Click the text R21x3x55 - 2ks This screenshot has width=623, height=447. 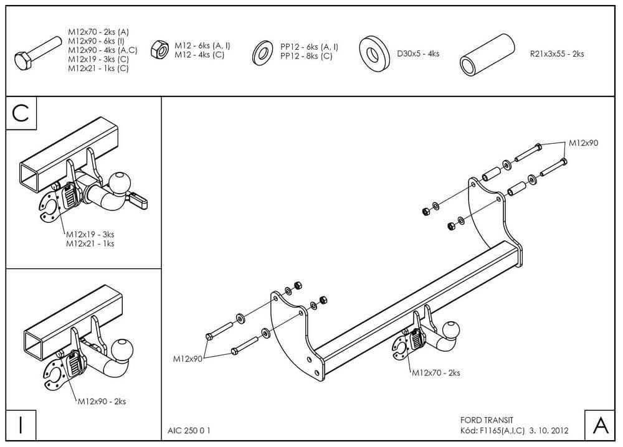pyautogui.click(x=556, y=54)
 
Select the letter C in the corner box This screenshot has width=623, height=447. pyautogui.click(x=21, y=113)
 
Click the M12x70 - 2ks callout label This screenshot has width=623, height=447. pyautogui.click(x=435, y=373)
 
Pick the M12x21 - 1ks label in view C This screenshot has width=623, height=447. pyautogui.click(x=90, y=243)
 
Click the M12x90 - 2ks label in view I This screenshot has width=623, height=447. pyautogui.click(x=102, y=402)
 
